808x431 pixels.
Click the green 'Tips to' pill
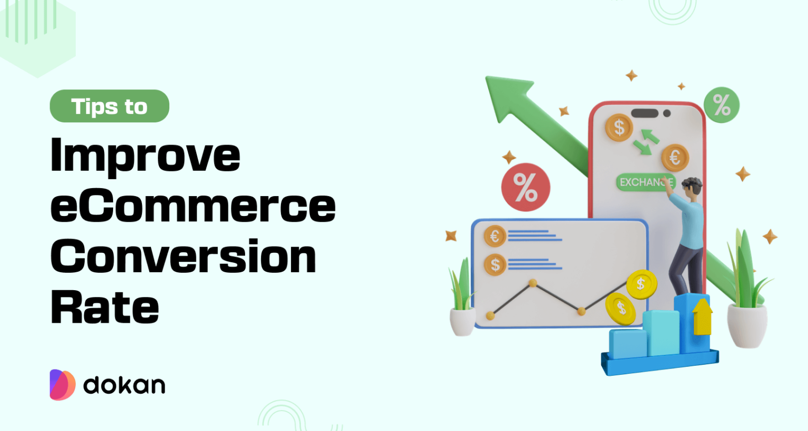point(109,106)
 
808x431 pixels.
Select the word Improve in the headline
point(145,156)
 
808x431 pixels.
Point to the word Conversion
point(183,256)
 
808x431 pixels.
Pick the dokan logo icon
point(63,385)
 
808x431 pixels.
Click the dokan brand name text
point(124,385)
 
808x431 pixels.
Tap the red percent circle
point(526,187)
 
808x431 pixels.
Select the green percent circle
point(721,105)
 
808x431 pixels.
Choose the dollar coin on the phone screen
point(619,128)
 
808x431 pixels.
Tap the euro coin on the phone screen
point(675,157)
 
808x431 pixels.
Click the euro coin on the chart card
point(494,237)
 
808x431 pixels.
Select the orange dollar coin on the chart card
point(494,264)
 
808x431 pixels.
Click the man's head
point(692,187)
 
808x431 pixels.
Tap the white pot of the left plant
point(462,322)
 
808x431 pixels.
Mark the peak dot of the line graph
point(532,283)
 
